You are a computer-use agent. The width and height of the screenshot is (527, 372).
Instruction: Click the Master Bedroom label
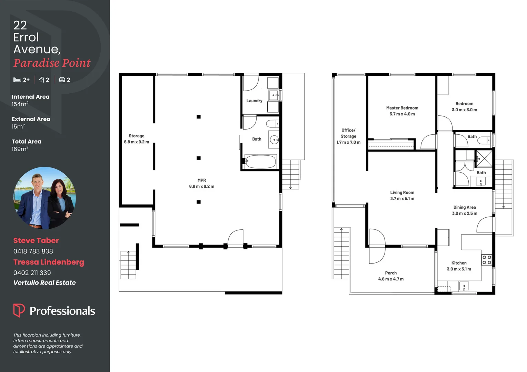click(x=402, y=108)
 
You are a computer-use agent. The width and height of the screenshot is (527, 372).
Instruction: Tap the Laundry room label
click(x=254, y=101)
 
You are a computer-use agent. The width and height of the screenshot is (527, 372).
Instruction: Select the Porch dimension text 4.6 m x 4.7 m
click(x=391, y=279)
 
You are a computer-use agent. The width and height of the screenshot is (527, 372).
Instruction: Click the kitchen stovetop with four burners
click(x=487, y=260)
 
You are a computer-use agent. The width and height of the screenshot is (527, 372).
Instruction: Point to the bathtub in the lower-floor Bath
click(x=260, y=161)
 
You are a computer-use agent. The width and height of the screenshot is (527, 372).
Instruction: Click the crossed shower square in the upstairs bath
click(x=484, y=158)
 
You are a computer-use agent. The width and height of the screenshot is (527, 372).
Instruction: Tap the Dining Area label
click(x=465, y=207)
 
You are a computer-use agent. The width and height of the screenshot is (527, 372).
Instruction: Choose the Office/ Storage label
click(x=348, y=133)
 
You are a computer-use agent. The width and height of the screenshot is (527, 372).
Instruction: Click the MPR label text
click(x=202, y=180)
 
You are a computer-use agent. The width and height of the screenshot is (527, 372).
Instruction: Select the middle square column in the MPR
click(x=199, y=158)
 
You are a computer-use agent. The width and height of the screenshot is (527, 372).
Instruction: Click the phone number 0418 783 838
click(x=33, y=251)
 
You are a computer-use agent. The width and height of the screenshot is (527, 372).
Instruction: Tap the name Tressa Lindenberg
click(x=49, y=262)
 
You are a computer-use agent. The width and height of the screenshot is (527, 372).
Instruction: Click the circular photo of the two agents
click(x=44, y=198)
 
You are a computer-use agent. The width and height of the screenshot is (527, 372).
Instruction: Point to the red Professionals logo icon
click(x=19, y=310)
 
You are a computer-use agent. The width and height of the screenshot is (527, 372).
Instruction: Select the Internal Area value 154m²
click(x=20, y=104)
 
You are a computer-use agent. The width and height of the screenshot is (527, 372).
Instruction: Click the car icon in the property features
click(x=62, y=80)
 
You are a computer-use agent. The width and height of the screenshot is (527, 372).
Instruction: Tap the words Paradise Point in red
click(x=52, y=63)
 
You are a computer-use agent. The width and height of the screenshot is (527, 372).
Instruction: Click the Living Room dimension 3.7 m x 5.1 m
click(x=402, y=199)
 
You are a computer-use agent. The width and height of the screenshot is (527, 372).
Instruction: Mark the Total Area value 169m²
click(x=20, y=149)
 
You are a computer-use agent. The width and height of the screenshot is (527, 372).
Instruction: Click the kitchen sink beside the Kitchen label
click(x=464, y=286)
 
